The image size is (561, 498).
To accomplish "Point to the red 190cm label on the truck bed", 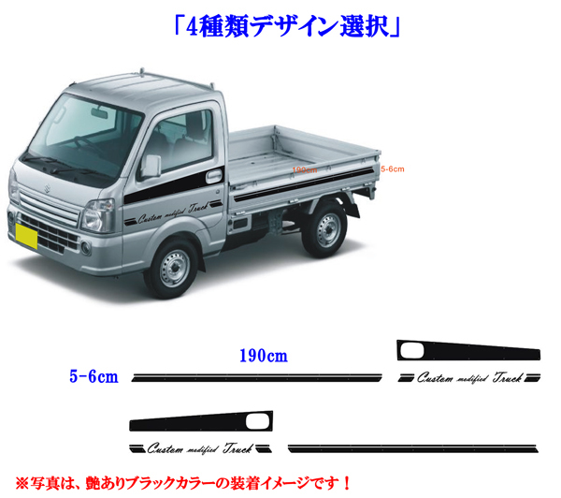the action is tap(305, 170).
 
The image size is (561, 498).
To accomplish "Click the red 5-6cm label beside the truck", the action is tap(393, 168).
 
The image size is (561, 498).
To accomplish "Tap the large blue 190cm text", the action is tap(263, 357).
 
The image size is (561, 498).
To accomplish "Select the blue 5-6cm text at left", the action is tap(93, 376).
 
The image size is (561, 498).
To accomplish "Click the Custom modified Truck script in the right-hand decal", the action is tap(468, 378).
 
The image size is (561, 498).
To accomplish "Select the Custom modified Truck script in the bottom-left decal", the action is tap(197, 446).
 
